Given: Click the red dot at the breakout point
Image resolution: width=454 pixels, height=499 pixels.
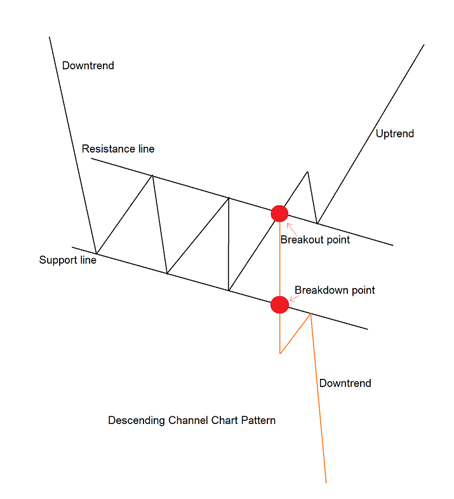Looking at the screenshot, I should pyautogui.click(x=279, y=214).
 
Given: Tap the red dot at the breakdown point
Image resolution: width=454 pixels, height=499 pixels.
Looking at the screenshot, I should pyautogui.click(x=279, y=304).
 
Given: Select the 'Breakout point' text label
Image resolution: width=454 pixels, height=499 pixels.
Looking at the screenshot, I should pyautogui.click(x=315, y=240).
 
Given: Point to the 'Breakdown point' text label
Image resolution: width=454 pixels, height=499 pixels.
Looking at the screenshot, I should pyautogui.click(x=335, y=291).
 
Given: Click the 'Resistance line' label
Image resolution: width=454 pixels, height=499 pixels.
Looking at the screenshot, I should pyautogui.click(x=118, y=149).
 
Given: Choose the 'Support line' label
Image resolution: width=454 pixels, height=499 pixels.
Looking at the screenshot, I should pyautogui.click(x=68, y=260).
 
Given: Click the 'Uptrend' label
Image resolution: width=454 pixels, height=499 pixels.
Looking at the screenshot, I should pyautogui.click(x=394, y=133).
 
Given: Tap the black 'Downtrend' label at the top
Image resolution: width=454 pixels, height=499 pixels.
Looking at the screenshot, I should pyautogui.click(x=88, y=65).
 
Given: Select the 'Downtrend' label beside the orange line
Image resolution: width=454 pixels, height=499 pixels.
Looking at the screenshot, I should pyautogui.click(x=345, y=383).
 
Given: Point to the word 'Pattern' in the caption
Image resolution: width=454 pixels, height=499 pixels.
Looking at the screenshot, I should pyautogui.click(x=258, y=421).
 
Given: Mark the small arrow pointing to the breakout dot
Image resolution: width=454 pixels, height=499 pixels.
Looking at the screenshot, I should pyautogui.click(x=290, y=227).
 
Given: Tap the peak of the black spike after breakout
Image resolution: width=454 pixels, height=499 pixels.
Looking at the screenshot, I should pyautogui.click(x=307, y=172).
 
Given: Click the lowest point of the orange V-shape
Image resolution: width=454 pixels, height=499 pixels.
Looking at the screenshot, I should pyautogui.click(x=280, y=353).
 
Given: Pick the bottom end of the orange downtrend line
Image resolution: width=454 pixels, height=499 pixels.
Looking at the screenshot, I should pyautogui.click(x=326, y=482).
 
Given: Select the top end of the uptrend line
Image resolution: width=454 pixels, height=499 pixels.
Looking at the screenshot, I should pyautogui.click(x=424, y=44).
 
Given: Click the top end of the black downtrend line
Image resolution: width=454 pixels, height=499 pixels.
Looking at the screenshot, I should pyautogui.click(x=50, y=37).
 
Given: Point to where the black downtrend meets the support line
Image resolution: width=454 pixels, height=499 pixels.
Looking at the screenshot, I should pyautogui.click(x=96, y=253).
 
